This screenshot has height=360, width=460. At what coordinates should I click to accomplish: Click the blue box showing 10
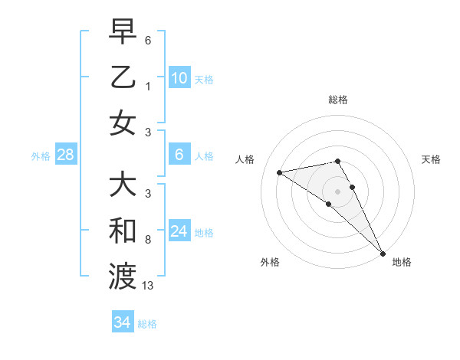click(179, 78)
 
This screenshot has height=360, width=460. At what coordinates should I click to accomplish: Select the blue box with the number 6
click(179, 155)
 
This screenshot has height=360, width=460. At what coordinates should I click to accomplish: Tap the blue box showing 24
click(179, 231)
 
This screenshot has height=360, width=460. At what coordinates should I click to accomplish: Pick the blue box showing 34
click(122, 322)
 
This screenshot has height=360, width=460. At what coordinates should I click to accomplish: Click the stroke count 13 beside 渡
click(148, 286)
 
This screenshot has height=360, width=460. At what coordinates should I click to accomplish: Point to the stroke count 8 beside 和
click(147, 240)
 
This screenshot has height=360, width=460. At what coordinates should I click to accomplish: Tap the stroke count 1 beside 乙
click(147, 87)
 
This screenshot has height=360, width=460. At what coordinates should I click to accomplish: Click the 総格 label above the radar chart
click(338, 100)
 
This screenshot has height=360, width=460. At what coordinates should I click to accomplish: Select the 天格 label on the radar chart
click(432, 159)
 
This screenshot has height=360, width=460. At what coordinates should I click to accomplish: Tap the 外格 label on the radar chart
click(270, 262)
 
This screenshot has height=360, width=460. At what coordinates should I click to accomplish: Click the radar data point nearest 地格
click(383, 253)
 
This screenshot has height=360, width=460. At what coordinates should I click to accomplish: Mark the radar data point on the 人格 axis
click(280, 172)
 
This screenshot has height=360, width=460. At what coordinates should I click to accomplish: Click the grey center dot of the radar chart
click(338, 191)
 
